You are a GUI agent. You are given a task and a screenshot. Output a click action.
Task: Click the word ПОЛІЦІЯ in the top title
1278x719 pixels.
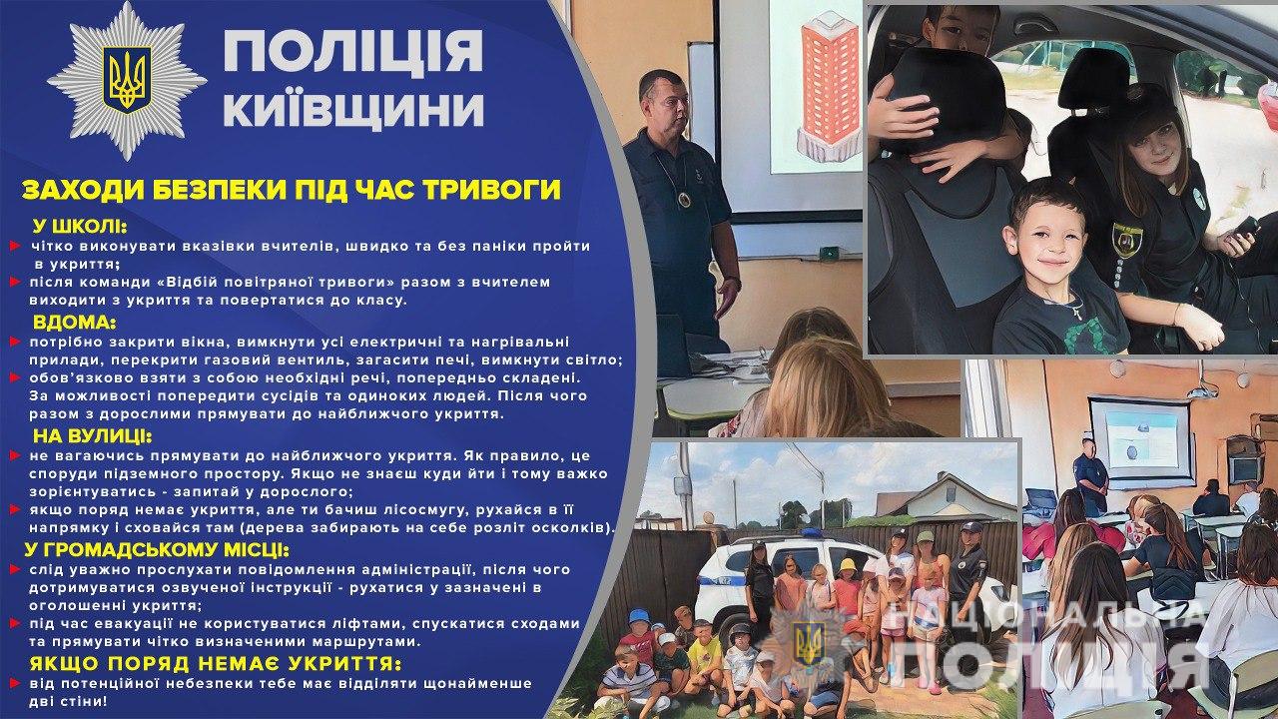[353, 50]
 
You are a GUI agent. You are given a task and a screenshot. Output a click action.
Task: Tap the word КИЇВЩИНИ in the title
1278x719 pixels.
[353, 109]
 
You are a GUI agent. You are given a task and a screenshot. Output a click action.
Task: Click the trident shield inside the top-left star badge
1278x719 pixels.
[127, 79]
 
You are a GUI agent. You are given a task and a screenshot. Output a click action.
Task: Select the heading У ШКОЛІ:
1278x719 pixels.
[80, 227]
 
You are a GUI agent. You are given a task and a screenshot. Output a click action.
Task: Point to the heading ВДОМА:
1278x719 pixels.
[74, 323]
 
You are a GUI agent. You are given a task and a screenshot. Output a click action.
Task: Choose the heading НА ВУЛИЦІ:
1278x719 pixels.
[93, 436]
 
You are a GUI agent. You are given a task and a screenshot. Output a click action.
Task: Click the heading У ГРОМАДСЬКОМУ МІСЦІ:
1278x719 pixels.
[157, 550]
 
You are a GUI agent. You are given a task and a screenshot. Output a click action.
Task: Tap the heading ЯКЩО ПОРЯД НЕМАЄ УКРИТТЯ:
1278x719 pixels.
[216, 664]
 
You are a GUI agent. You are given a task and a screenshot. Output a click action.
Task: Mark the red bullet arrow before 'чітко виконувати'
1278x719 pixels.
[15, 246]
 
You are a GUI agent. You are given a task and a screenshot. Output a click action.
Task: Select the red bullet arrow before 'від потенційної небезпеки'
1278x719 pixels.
[15, 683]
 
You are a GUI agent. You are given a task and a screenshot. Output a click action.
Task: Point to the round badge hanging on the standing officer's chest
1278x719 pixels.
[684, 199]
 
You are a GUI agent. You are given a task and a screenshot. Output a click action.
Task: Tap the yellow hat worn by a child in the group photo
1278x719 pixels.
[849, 565]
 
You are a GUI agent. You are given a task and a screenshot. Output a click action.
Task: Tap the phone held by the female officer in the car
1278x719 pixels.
[1247, 227]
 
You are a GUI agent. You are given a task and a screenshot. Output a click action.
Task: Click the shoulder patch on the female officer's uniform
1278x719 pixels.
[1128, 240]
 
